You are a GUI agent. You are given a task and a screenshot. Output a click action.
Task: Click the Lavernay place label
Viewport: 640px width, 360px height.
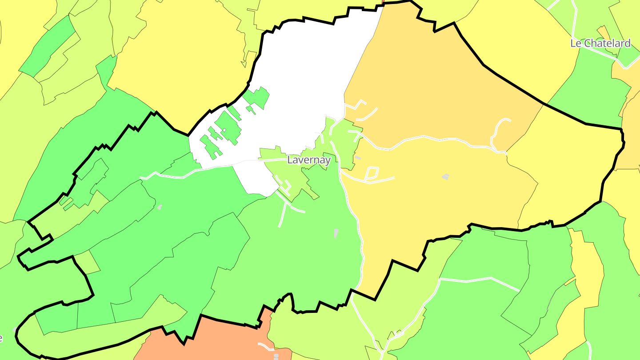pyautogui.click(x=309, y=160)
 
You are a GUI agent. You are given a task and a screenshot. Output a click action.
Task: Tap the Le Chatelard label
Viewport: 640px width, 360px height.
pyautogui.click(x=600, y=43)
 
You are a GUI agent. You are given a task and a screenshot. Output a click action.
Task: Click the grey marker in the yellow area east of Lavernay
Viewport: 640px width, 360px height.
pyautogui.click(x=445, y=177)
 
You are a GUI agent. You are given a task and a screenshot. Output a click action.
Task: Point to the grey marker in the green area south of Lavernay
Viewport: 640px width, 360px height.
pyautogui.click(x=336, y=233)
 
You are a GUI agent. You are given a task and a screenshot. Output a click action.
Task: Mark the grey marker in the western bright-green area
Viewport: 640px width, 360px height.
pyautogui.click(x=160, y=207)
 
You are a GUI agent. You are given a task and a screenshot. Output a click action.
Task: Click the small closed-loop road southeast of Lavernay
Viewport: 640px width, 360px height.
pyautogui.click(x=372, y=173)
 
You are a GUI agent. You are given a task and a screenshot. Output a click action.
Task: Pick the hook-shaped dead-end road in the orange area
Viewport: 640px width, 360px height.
pyautogui.click(x=497, y=129)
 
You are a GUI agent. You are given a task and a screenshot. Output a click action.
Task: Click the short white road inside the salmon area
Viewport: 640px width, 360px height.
pyautogui.click(x=265, y=345)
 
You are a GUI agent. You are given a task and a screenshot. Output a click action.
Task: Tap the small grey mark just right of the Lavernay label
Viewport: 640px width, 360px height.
pyautogui.click(x=358, y=158)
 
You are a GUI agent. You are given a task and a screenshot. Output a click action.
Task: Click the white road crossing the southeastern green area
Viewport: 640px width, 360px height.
pyautogui.click(x=480, y=280)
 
